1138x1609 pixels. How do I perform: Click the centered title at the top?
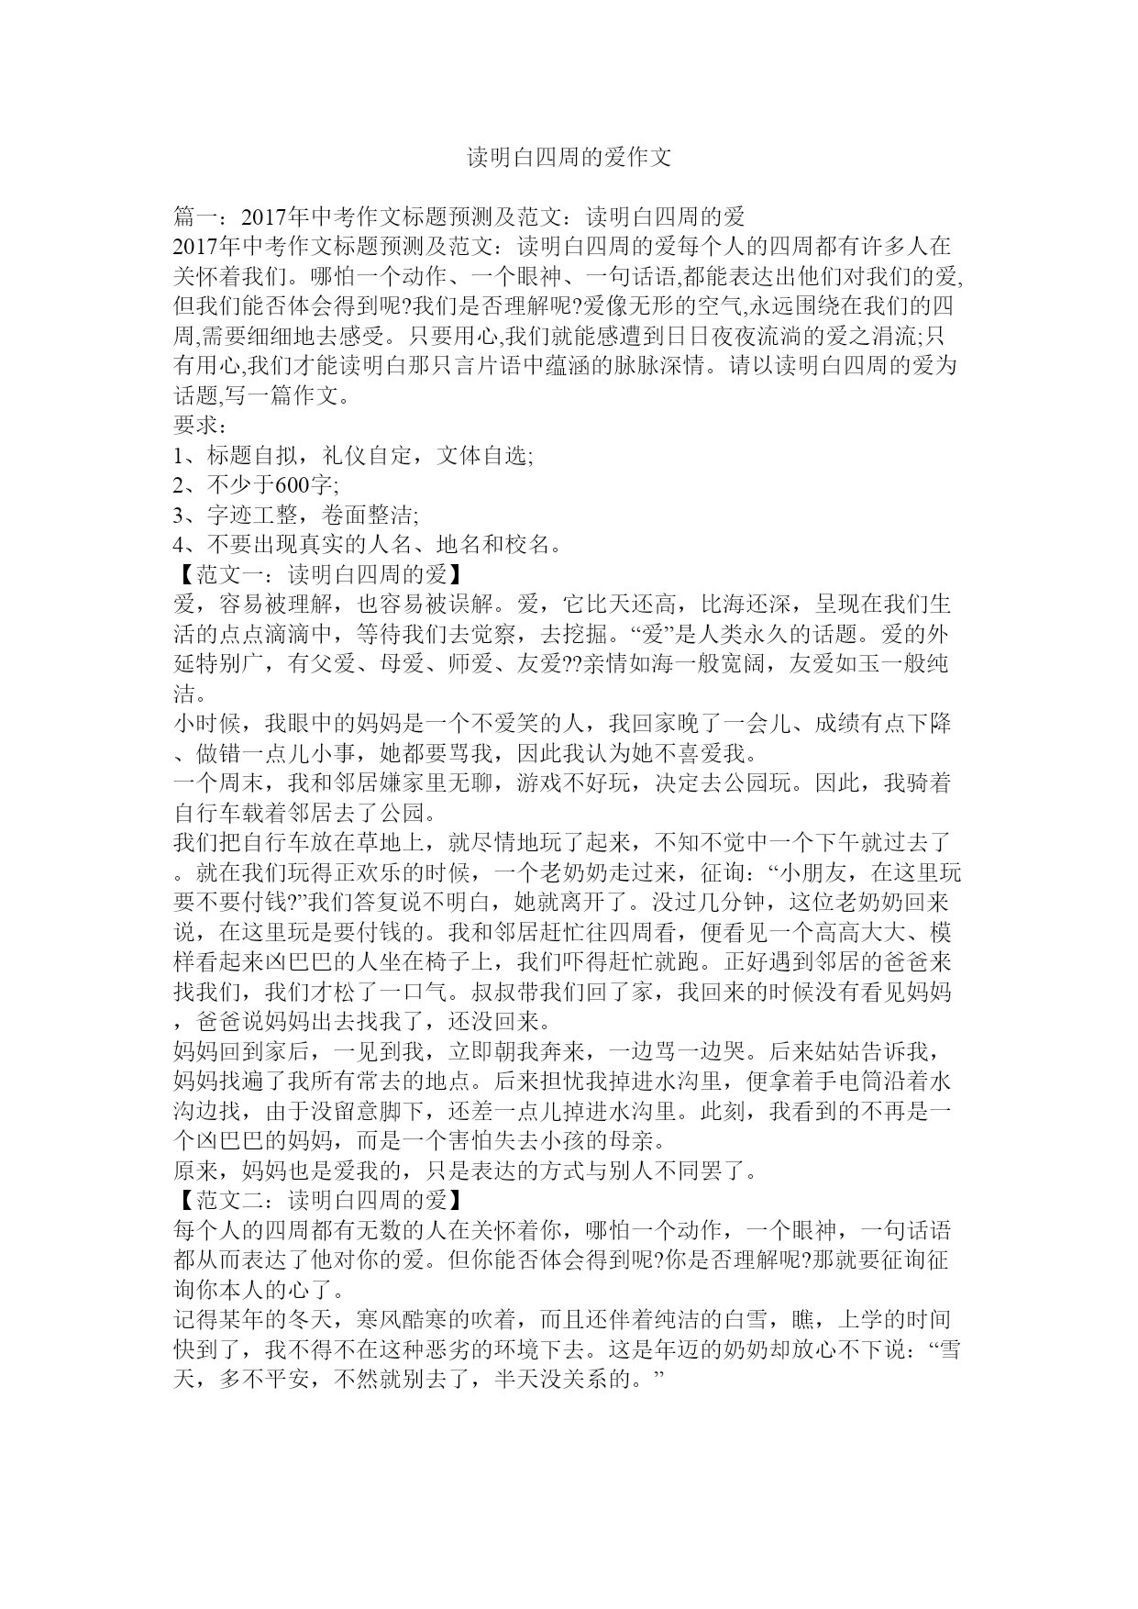(569, 158)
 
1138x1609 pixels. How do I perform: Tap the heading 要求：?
(201, 426)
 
